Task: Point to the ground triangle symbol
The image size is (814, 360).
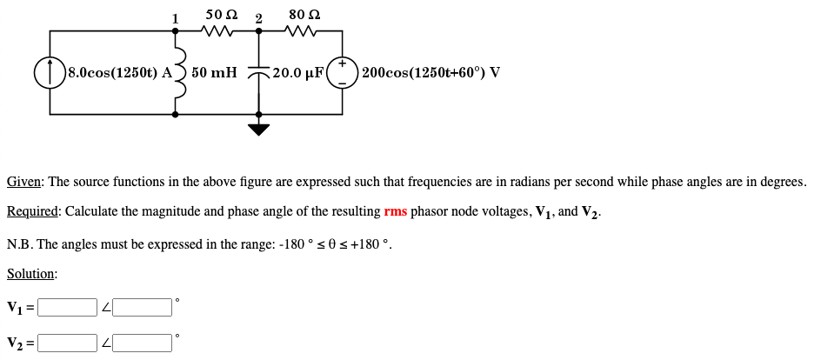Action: (259, 130)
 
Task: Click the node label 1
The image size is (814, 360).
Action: (175, 18)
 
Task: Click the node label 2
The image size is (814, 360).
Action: (258, 18)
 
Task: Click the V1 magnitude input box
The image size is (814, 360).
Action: (67, 307)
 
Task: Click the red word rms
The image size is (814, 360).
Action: (395, 211)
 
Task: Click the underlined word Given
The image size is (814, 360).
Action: (24, 183)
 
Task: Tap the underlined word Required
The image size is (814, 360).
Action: (32, 211)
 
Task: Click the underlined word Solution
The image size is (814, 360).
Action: (30, 274)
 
